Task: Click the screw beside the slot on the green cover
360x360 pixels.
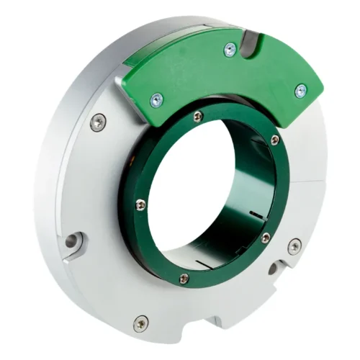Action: pos(230,50)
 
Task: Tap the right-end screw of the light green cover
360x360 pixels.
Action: pos(301,90)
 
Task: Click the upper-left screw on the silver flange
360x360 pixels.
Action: pos(99,124)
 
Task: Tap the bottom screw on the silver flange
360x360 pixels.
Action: pos(141,323)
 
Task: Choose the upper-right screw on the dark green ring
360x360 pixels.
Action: pos(274,140)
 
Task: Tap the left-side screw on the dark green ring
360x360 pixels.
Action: pos(140,205)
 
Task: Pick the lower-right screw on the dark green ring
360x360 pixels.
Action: pos(266,238)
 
